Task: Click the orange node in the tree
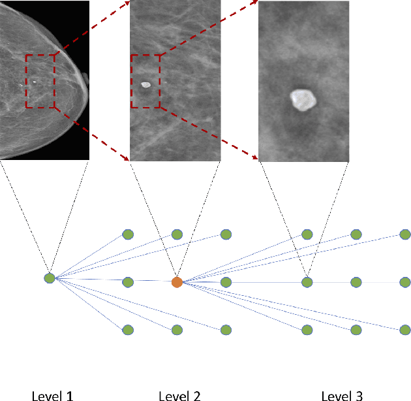point(177,282)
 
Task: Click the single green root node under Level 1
point(50,278)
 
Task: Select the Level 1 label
point(52,394)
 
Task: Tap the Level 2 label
point(179,394)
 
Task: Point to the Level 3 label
point(342,394)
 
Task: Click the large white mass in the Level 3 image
point(302,99)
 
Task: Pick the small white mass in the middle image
point(145,84)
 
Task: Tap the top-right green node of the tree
point(406,234)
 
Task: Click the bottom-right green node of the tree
point(406,330)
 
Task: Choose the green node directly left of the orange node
point(128,282)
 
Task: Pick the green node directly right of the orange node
point(226,282)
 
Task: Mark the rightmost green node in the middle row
point(406,282)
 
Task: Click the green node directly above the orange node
point(177,234)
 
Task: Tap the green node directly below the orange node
point(177,330)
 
